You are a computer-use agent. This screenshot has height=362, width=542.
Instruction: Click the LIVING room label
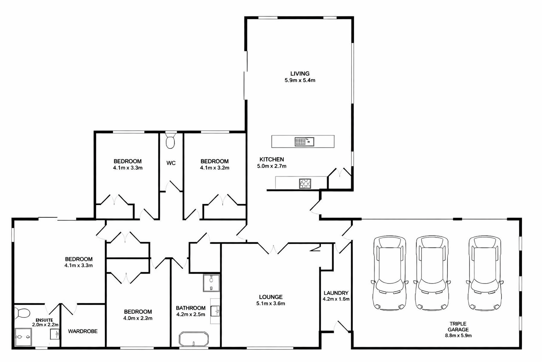(x=300, y=74)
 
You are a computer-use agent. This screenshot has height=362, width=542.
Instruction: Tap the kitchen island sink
(x=304, y=142)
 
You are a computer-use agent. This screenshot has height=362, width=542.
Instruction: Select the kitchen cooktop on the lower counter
(x=305, y=183)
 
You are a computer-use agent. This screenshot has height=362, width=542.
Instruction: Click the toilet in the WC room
(x=170, y=141)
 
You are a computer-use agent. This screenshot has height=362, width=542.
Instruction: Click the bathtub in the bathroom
(x=194, y=339)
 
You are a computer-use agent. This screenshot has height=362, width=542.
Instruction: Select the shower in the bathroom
(x=211, y=283)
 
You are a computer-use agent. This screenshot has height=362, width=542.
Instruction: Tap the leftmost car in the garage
(x=389, y=274)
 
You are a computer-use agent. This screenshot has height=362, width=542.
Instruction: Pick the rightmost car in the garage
(x=484, y=274)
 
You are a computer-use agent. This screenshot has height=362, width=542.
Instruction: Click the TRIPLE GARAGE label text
(x=458, y=327)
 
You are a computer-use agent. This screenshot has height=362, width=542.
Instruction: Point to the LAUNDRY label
(x=336, y=293)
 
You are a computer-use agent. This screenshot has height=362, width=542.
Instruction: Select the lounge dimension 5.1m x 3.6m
(x=271, y=303)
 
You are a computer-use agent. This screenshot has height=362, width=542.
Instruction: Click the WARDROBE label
(x=83, y=331)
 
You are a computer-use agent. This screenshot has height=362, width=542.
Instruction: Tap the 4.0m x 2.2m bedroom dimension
(x=138, y=318)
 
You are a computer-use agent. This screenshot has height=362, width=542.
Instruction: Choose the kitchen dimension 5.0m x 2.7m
(x=272, y=166)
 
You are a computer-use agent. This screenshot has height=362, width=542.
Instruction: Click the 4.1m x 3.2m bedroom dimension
(x=215, y=168)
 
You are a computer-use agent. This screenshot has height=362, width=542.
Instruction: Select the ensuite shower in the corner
(x=23, y=337)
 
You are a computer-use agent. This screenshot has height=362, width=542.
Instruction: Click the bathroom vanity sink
(x=215, y=311)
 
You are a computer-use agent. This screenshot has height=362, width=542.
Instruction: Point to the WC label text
(x=171, y=163)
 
